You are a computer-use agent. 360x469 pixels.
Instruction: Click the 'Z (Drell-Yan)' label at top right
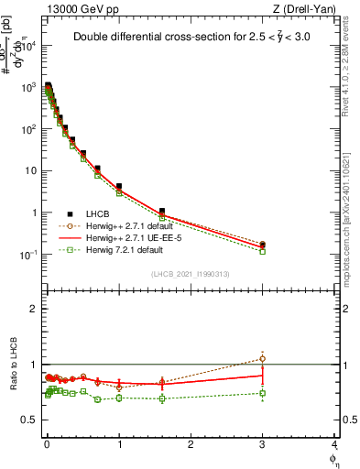pyautogui.click(x=302, y=8)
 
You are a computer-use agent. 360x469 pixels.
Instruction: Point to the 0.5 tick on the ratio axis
pyautogui.click(x=27, y=420)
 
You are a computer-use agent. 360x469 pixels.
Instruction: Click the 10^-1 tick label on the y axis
pyautogui.click(x=27, y=255)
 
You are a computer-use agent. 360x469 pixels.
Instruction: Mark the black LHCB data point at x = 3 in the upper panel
pyautogui.click(x=263, y=245)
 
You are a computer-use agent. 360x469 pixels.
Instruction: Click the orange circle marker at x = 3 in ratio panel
pyautogui.click(x=263, y=358)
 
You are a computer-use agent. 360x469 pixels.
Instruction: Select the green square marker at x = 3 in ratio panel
pyautogui.click(x=263, y=394)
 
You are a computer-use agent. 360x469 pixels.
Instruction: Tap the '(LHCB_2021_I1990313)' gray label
pyautogui.click(x=190, y=274)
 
